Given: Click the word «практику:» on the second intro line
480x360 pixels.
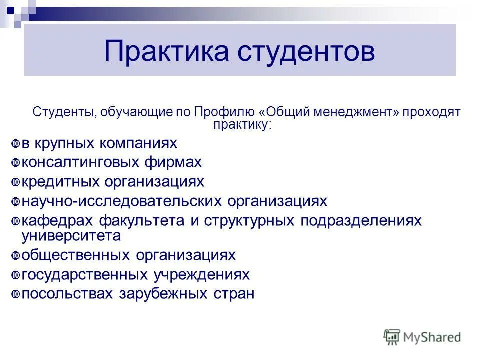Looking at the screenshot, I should [x=243, y=124].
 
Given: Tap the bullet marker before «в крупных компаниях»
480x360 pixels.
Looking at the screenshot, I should [x=15, y=144].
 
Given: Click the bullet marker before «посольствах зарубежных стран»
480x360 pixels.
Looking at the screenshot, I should [x=15, y=294].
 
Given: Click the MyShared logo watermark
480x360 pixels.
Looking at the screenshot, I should [x=422, y=337].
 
